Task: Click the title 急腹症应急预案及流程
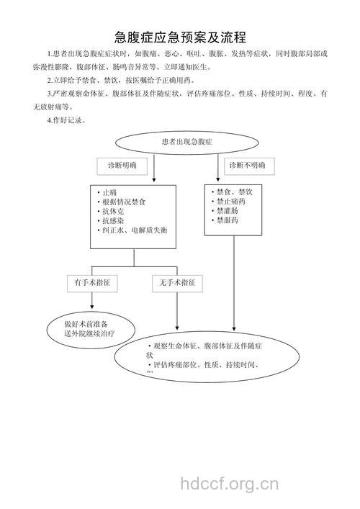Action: click(x=180, y=37)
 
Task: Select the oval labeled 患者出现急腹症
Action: click(x=186, y=142)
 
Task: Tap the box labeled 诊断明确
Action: click(x=122, y=166)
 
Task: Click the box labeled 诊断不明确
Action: click(x=246, y=166)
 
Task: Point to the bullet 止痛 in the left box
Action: click(x=109, y=192)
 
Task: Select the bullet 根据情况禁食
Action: click(x=124, y=202)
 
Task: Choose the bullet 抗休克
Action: click(x=113, y=212)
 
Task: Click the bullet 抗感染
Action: click(x=113, y=221)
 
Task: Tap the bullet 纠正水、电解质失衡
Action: click(x=134, y=230)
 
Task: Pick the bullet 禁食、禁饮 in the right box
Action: click(x=233, y=192)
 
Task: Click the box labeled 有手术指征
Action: click(x=92, y=283)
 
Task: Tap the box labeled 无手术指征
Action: click(x=177, y=283)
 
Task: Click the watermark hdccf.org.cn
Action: click(x=228, y=483)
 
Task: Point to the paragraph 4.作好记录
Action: click(x=66, y=120)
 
